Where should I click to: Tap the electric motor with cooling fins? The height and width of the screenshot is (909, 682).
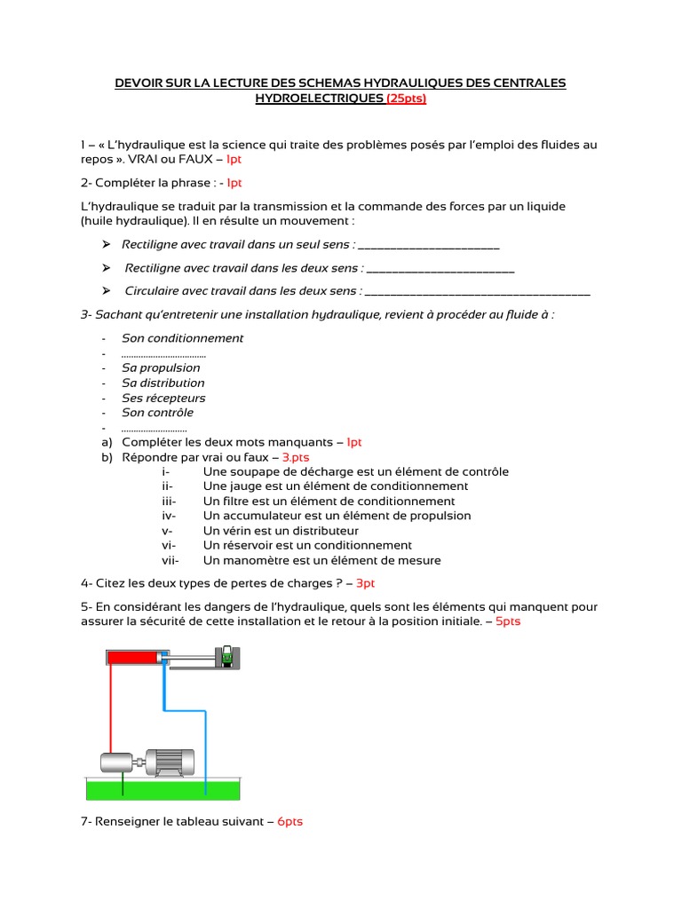[x=170, y=759]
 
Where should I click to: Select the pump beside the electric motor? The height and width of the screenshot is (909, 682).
[x=116, y=762]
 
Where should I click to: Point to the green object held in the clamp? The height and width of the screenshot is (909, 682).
[x=228, y=657]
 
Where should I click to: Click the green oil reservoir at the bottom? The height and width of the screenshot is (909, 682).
[x=164, y=788]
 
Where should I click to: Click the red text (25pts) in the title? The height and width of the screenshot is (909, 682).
[x=407, y=99]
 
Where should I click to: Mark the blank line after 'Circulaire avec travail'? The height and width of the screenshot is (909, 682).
[x=478, y=290]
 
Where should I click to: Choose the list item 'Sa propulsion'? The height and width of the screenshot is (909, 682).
[x=161, y=368]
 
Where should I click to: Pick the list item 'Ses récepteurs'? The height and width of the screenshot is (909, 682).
[x=163, y=398]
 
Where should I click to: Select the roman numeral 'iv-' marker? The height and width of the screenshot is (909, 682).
[x=170, y=516]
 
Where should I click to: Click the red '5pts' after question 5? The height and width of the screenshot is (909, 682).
[x=508, y=621]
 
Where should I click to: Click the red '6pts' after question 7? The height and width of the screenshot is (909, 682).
[x=289, y=822]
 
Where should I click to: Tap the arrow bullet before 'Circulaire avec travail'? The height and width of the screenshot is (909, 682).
[x=106, y=290]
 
